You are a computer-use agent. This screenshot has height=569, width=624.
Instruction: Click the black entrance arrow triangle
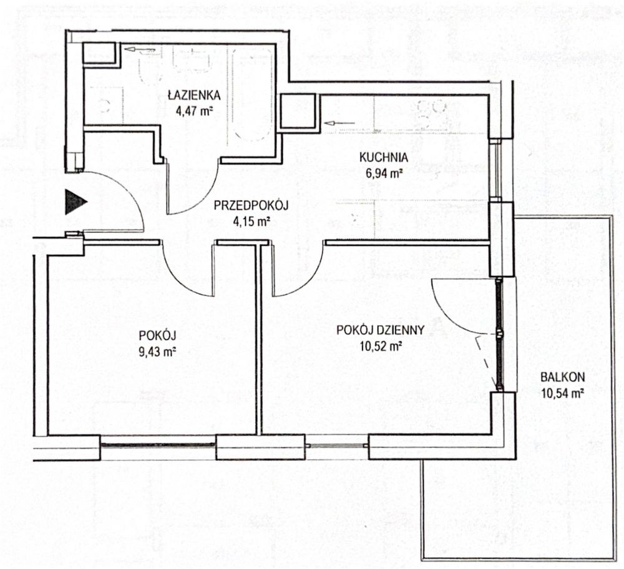pyautogui.click(x=75, y=202)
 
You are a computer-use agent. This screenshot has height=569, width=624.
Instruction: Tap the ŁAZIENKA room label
pyautogui.click(x=194, y=95)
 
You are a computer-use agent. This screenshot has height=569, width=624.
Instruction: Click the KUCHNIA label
pyautogui.click(x=383, y=157)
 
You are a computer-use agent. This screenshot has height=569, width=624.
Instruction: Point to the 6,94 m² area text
pyautogui.click(x=383, y=173)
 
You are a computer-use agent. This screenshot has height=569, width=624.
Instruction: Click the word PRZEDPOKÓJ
pyautogui.click(x=251, y=205)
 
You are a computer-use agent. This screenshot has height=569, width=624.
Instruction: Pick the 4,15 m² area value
pyautogui.click(x=251, y=220)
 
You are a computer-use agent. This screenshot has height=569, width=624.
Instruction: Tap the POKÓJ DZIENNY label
pyautogui.click(x=380, y=330)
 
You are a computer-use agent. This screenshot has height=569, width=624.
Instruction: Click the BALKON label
pyautogui.click(x=562, y=377)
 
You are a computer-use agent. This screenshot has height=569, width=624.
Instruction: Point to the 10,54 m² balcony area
pyautogui.click(x=562, y=393)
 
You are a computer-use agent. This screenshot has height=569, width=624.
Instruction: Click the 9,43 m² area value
pyautogui.click(x=158, y=352)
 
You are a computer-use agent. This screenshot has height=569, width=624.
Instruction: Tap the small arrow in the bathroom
pyautogui.click(x=139, y=50)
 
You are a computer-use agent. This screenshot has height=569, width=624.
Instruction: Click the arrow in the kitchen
pyautogui.click(x=339, y=123)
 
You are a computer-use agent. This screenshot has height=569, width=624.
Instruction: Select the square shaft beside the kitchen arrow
pyautogui.click(x=298, y=112)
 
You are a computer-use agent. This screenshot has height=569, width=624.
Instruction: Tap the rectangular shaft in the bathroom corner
pyautogui.click(x=99, y=54)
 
